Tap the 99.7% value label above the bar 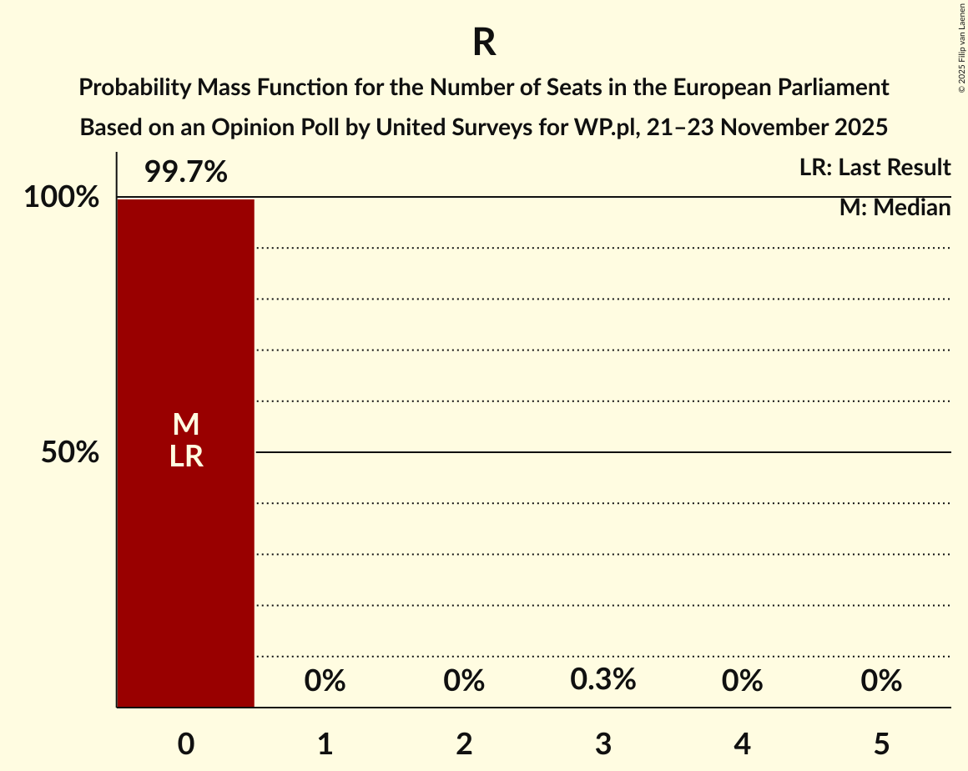pos(185,173)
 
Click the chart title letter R pos(484,43)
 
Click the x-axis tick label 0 pos(186,743)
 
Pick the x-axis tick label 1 pos(325,743)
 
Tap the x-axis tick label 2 pos(464,743)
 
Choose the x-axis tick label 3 pos(603,743)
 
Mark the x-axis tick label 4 pos(743,743)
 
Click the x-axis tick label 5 pos(881,743)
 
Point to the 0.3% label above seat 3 pos(603,680)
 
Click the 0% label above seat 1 pos(325,682)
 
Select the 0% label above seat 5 pos(881,682)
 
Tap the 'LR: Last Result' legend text pos(875,168)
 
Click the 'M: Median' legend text pos(895,208)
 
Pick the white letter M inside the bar pos(186,425)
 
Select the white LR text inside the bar pos(186,456)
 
